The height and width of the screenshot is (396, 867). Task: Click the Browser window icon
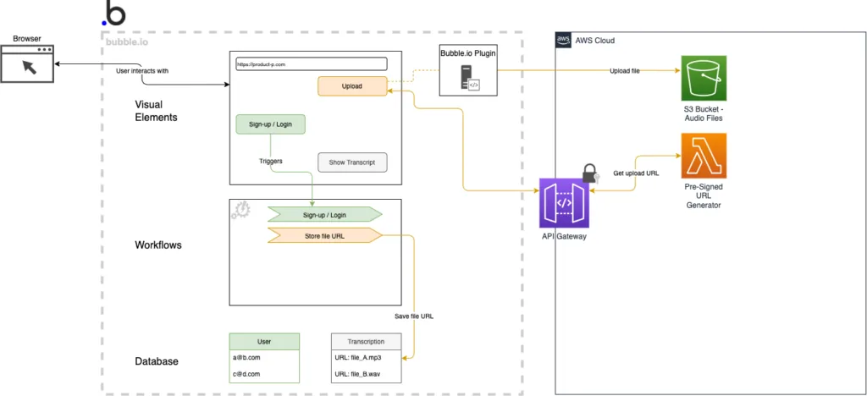pyautogui.click(x=29, y=63)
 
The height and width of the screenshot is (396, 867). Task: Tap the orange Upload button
pyautogui.click(x=351, y=85)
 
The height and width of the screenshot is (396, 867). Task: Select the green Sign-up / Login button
pyautogui.click(x=270, y=124)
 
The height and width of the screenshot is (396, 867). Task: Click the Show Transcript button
pyautogui.click(x=351, y=162)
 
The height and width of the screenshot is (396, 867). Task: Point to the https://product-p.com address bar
pyautogui.click(x=311, y=63)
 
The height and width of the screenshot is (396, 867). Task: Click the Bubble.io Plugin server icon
pyautogui.click(x=468, y=78)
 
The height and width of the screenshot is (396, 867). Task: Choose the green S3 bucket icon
pyautogui.click(x=703, y=79)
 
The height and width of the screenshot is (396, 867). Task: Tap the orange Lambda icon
pyautogui.click(x=703, y=155)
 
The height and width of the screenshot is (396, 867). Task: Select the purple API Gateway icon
pyautogui.click(x=564, y=203)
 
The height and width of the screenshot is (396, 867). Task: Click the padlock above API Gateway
pyautogui.click(x=590, y=173)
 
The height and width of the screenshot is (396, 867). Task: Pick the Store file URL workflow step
pyautogui.click(x=324, y=235)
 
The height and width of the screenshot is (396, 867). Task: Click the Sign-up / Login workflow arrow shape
pyautogui.click(x=324, y=215)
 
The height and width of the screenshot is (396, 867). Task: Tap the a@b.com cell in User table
pyautogui.click(x=264, y=358)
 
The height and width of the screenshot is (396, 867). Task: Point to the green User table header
pyautogui.click(x=264, y=342)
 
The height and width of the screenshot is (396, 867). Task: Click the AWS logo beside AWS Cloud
pyautogui.click(x=564, y=40)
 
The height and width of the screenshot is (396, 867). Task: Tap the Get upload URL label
pyautogui.click(x=636, y=173)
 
